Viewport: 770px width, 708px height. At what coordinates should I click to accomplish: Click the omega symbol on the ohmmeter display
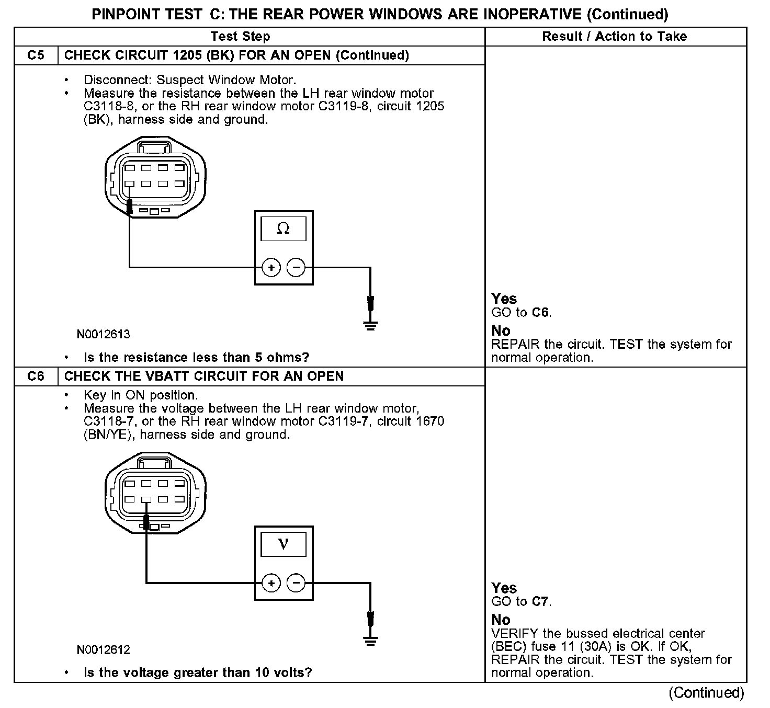(x=283, y=229)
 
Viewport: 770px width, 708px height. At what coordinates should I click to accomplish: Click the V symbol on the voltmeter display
(x=283, y=544)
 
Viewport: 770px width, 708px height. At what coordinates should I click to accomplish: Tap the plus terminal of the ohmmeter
(x=271, y=268)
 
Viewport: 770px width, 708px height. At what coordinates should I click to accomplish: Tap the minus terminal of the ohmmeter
(x=296, y=268)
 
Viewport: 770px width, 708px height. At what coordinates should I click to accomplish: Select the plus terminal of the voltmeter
(x=271, y=583)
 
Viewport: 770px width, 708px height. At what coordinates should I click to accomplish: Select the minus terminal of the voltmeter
(x=296, y=583)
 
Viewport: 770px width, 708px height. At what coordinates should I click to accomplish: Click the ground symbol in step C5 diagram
(x=370, y=326)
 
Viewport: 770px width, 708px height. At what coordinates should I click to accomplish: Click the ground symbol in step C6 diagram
(x=370, y=641)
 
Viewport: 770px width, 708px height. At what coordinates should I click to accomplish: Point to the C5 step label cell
(x=36, y=55)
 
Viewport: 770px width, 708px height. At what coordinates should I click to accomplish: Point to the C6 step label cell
(x=36, y=376)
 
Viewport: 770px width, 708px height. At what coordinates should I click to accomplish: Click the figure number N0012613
(x=104, y=334)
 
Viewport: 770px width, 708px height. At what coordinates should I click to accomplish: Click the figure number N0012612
(x=104, y=650)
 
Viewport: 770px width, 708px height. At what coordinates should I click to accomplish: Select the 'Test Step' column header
(x=241, y=37)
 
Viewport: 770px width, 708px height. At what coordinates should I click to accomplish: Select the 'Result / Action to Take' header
(x=615, y=37)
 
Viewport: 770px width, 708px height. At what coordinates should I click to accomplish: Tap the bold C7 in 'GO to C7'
(x=540, y=602)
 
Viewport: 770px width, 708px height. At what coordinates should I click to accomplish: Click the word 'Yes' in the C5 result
(x=504, y=299)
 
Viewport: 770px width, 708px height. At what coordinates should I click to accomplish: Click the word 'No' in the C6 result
(x=501, y=620)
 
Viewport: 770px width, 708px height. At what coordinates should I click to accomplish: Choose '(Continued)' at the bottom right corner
(x=706, y=693)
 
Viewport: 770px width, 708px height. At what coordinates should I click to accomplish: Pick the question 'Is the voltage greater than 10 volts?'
(x=198, y=672)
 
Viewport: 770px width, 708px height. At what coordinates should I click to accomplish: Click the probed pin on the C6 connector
(x=146, y=499)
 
